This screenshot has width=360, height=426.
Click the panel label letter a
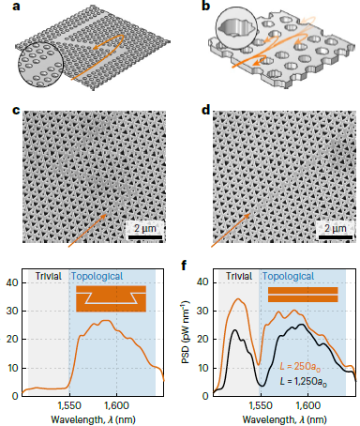pyautogui.click(x=16, y=6)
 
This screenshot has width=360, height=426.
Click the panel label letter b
pyautogui.click(x=206, y=6)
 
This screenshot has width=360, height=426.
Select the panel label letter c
pyautogui.click(x=16, y=111)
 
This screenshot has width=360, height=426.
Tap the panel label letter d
pyautogui.click(x=206, y=110)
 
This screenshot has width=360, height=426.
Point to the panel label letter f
pyautogui.click(x=184, y=266)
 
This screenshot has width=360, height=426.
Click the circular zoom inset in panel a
pyautogui.click(x=40, y=65)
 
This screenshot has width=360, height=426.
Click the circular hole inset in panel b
pyautogui.click(x=236, y=27)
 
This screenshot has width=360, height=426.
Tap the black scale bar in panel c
pyautogui.click(x=145, y=237)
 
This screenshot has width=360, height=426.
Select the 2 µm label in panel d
pyautogui.click(x=336, y=228)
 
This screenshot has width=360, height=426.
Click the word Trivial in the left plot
pyautogui.click(x=48, y=276)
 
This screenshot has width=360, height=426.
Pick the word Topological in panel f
pyautogui.click(x=288, y=277)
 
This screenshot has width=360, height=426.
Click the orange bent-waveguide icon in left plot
pyautogui.click(x=111, y=298)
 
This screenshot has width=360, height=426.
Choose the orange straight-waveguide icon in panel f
pyautogui.click(x=303, y=295)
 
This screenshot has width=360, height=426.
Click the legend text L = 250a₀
pyautogui.click(x=300, y=366)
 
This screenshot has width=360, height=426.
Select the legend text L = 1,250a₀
pyautogui.click(x=304, y=381)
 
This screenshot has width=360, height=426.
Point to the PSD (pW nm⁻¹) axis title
pyautogui.click(x=186, y=332)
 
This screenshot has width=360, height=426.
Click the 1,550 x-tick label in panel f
pyautogui.click(x=261, y=405)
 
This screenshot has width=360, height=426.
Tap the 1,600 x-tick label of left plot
pyautogui.click(x=116, y=405)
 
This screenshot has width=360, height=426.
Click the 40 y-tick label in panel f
pyautogui.click(x=203, y=282)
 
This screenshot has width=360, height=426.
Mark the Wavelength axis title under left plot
pyautogui.click(x=93, y=419)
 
